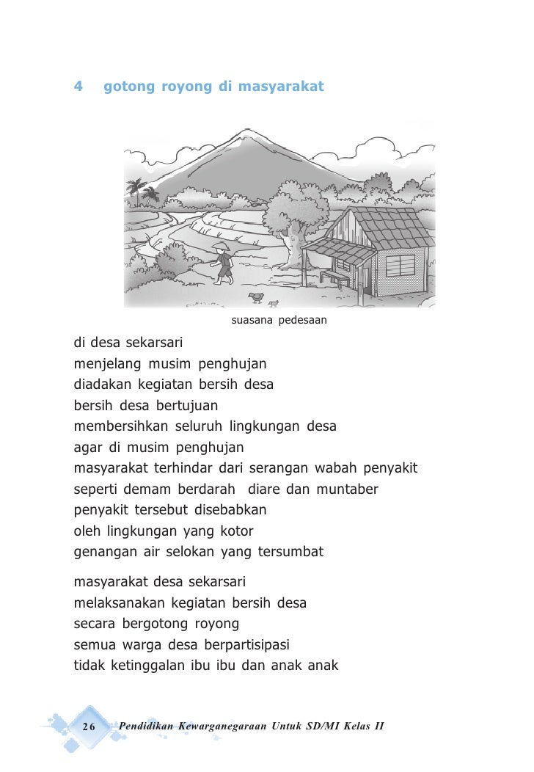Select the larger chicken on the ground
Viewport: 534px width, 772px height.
click(256, 296)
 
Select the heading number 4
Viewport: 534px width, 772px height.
click(78, 87)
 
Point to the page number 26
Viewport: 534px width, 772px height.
click(89, 726)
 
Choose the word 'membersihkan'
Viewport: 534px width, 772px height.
click(121, 426)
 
